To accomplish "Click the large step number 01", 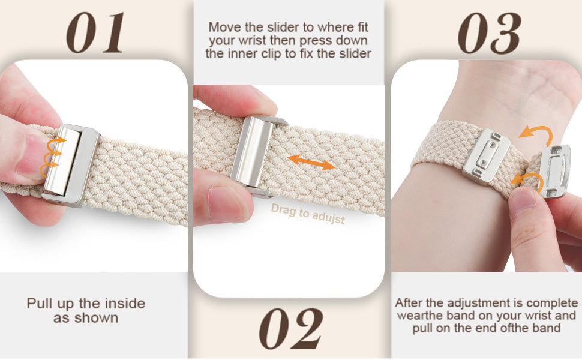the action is click(95, 32).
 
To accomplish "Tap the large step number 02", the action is click(291, 328).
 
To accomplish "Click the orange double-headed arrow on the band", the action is click(311, 163).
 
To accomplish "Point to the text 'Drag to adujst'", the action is click(308, 214).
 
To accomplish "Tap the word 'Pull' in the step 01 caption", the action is click(40, 304).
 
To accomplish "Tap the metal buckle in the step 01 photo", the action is click(71, 165).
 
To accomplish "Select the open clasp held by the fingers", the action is click(554, 171).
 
